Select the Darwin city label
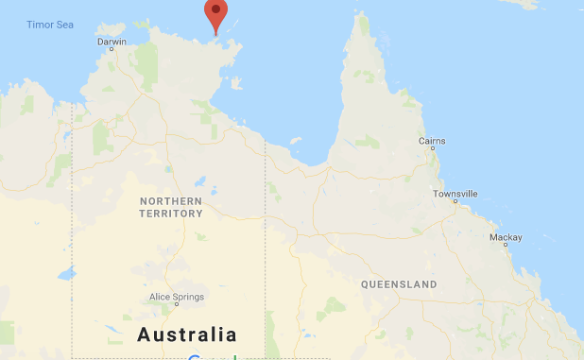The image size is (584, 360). [112, 42]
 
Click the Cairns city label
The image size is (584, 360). [433, 141]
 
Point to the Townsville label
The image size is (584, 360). [455, 194]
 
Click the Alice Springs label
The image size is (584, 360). [177, 297]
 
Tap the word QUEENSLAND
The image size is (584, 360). [399, 284]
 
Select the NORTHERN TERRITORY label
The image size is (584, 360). [171, 208]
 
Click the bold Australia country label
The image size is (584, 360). [187, 334]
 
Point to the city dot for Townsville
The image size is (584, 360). [455, 202]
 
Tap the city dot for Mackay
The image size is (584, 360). [505, 245]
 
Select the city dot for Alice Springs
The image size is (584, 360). [176, 305]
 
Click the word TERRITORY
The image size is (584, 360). [171, 214]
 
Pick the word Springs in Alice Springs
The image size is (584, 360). [187, 297]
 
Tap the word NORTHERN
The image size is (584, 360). [171, 201]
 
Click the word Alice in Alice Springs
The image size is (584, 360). [159, 297]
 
